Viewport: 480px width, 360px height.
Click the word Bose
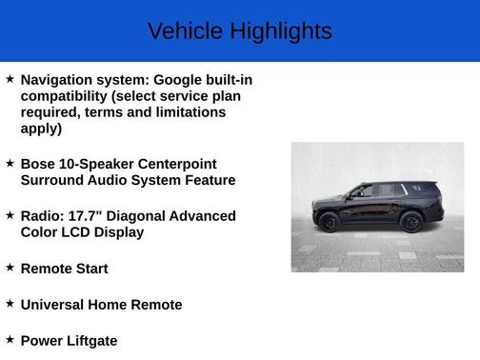click(x=39, y=164)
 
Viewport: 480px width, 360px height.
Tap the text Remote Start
click(x=64, y=269)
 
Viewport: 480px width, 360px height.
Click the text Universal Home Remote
click(x=101, y=305)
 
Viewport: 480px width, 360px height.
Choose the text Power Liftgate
click(x=69, y=340)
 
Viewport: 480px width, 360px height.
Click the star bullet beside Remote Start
click(x=10, y=268)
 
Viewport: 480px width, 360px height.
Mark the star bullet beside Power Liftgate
click(x=10, y=339)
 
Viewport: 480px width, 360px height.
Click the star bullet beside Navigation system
click(x=10, y=79)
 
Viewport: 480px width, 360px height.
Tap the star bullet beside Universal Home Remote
click(x=10, y=304)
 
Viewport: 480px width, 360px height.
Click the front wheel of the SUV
click(x=330, y=223)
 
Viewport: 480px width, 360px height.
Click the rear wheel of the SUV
click(x=411, y=222)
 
